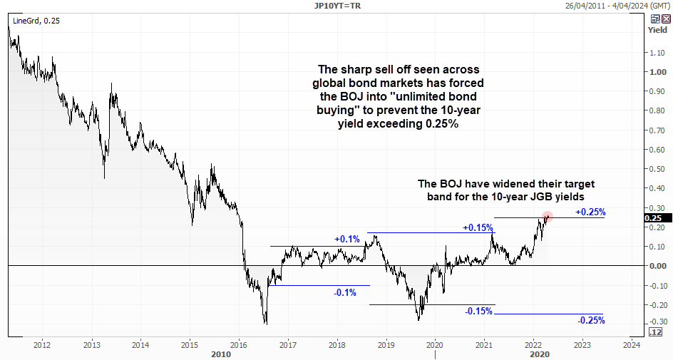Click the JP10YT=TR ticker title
click(x=337, y=6)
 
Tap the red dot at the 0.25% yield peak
click(x=547, y=217)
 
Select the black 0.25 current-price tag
click(x=654, y=218)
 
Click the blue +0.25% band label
click(x=590, y=212)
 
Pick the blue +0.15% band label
click(x=478, y=227)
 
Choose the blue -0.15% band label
click(x=478, y=311)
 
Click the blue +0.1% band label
click(x=346, y=240)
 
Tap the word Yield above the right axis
click(x=657, y=30)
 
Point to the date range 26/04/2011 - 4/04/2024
click(x=616, y=6)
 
